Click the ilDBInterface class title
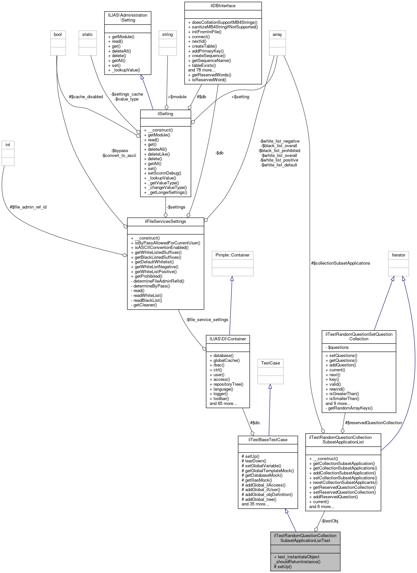(223, 6)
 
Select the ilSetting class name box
(166, 114)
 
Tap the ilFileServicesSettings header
(166, 222)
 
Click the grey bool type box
(58, 35)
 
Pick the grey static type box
(88, 35)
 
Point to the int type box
(8, 145)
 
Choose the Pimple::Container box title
(233, 255)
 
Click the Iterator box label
(398, 255)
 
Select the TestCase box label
(270, 363)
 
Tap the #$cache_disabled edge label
(86, 97)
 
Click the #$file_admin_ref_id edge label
(28, 207)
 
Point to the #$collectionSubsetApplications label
(341, 263)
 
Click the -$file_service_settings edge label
(207, 320)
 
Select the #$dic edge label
(255, 423)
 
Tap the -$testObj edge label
(330, 521)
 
